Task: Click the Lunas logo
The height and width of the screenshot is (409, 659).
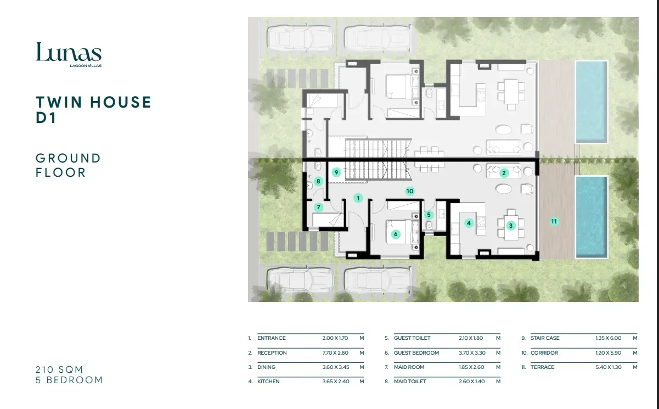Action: pyautogui.click(x=69, y=54)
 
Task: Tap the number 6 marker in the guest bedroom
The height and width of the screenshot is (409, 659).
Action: pyautogui.click(x=396, y=234)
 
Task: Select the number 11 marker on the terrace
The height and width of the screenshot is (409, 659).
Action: pyautogui.click(x=554, y=221)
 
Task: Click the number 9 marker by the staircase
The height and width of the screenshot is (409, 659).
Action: pyautogui.click(x=336, y=172)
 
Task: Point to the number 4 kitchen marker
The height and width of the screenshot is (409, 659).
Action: pyautogui.click(x=469, y=223)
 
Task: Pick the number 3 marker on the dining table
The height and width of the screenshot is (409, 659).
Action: pyautogui.click(x=511, y=226)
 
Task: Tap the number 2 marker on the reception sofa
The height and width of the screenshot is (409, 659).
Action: pyautogui.click(x=504, y=173)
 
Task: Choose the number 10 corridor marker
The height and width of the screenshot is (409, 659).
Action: pyautogui.click(x=410, y=191)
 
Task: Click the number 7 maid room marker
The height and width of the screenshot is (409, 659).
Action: pyautogui.click(x=318, y=207)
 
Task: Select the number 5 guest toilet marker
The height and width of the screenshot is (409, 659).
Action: pyautogui.click(x=429, y=215)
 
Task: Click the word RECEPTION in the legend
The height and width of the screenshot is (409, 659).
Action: pyautogui.click(x=272, y=353)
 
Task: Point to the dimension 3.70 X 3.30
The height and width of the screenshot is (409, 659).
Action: pyautogui.click(x=472, y=353)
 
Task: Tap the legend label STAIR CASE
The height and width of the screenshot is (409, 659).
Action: pyautogui.click(x=545, y=338)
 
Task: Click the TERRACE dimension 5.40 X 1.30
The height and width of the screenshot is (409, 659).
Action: pyautogui.click(x=609, y=367)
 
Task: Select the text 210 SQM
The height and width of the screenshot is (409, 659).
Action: pyautogui.click(x=59, y=369)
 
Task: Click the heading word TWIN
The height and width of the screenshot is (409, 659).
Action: pyautogui.click(x=59, y=102)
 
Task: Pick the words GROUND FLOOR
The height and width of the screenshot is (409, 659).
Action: pyautogui.click(x=68, y=165)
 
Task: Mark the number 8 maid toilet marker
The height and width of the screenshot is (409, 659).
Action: pyautogui.click(x=318, y=181)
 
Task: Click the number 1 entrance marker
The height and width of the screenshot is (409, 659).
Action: pyautogui.click(x=358, y=198)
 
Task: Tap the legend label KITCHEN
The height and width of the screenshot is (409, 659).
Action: pyautogui.click(x=268, y=382)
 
